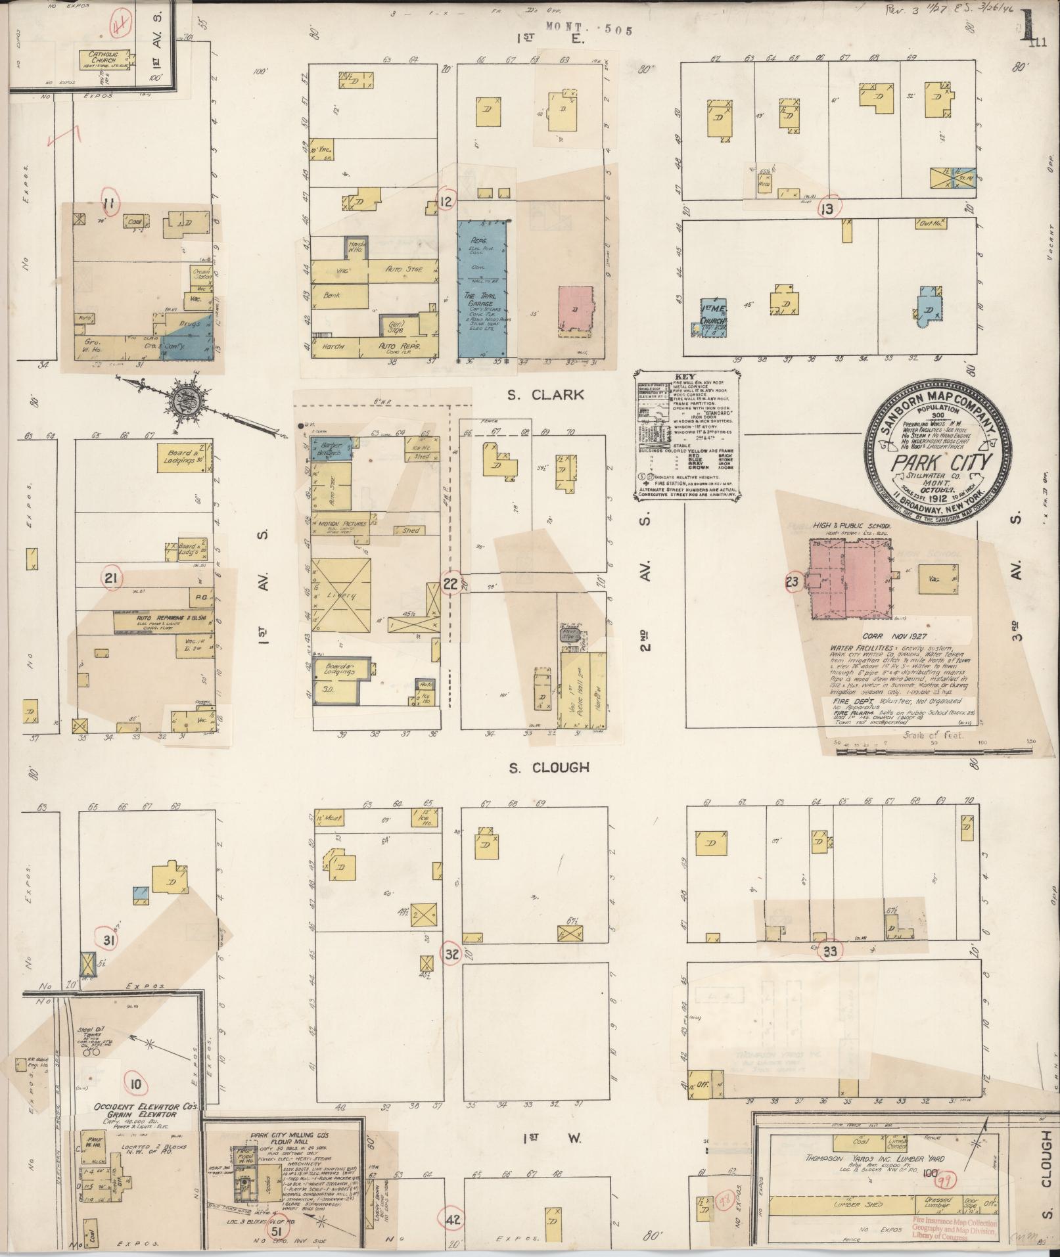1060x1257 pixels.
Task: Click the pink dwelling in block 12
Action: (575, 311)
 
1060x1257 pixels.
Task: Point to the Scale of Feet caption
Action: (933, 735)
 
